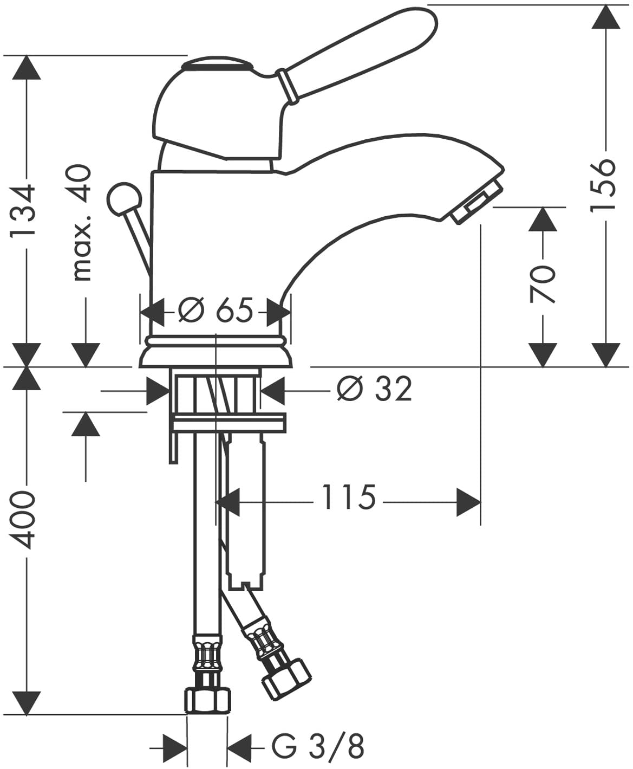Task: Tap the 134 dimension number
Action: click(x=23, y=211)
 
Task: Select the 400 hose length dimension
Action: click(x=23, y=519)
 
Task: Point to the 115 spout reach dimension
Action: click(x=349, y=497)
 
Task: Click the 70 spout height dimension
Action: click(x=541, y=284)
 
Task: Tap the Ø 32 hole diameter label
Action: click(x=374, y=389)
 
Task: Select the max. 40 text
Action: click(x=82, y=223)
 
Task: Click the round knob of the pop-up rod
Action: click(x=124, y=199)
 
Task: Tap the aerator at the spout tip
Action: click(x=477, y=202)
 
